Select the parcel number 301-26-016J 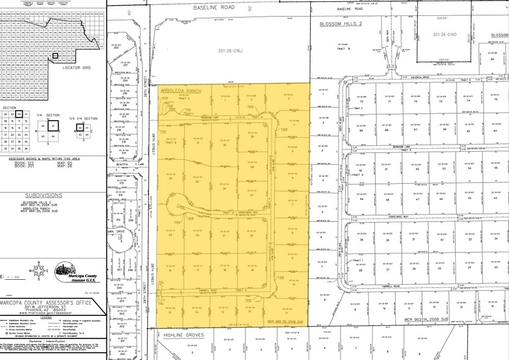218,50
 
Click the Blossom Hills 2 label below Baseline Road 342,24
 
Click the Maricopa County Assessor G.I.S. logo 74,271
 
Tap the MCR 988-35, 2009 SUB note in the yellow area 286,321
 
